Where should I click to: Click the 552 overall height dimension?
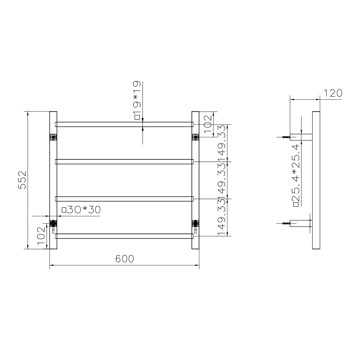22,180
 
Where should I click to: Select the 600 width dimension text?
125,259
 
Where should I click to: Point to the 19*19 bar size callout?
137,100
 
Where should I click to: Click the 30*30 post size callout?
81,210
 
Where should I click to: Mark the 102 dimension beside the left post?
41,236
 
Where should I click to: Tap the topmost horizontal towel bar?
124,124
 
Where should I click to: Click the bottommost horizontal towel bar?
124,236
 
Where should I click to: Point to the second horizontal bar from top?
124,162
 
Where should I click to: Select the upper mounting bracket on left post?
53,137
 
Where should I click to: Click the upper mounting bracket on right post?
195,137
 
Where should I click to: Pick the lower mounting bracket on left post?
53,223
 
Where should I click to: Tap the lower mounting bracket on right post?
195,223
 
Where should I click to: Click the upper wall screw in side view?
285,137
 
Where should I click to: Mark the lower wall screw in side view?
285,223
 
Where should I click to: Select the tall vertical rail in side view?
316,180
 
